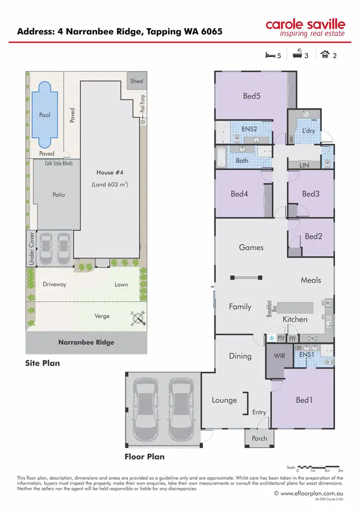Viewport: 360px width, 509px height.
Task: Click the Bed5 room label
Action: [x=252, y=96]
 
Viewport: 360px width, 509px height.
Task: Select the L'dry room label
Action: [x=308, y=131]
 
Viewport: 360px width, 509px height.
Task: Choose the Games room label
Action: [x=251, y=247]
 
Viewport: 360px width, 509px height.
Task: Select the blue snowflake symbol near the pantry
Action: [x=271, y=339]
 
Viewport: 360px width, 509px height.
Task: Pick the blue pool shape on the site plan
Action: [x=44, y=115]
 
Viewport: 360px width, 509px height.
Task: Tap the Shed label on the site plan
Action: [x=137, y=81]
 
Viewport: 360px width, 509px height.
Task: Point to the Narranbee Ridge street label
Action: [x=86, y=343]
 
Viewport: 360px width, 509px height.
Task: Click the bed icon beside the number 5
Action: [x=270, y=55]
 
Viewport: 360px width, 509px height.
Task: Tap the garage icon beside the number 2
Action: [x=325, y=55]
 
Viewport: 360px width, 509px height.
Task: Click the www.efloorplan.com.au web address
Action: [x=312, y=493]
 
